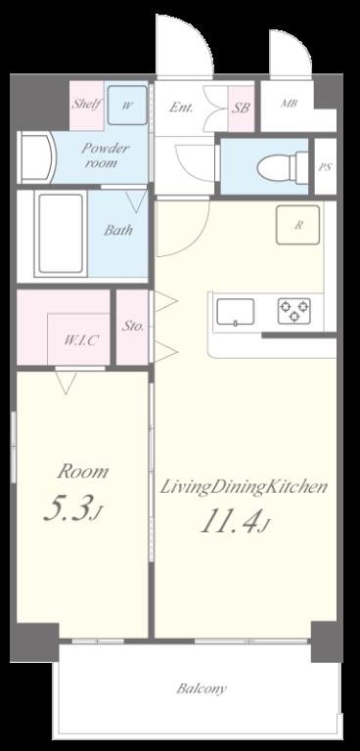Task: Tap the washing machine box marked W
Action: pos(127,105)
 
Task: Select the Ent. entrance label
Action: pos(180,107)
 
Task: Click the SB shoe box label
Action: pos(241,108)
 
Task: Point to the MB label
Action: pos(291,103)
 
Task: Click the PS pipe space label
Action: pos(325,167)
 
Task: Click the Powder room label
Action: pos(104,155)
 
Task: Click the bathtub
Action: pos(61,235)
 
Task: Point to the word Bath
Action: pos(118,231)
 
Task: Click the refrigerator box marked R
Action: pos(299,225)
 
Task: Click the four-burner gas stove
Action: pos(293,311)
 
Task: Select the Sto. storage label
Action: pos(133,327)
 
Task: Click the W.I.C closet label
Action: pos(80,340)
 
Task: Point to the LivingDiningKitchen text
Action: pos(243,487)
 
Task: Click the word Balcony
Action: pos(201,688)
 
